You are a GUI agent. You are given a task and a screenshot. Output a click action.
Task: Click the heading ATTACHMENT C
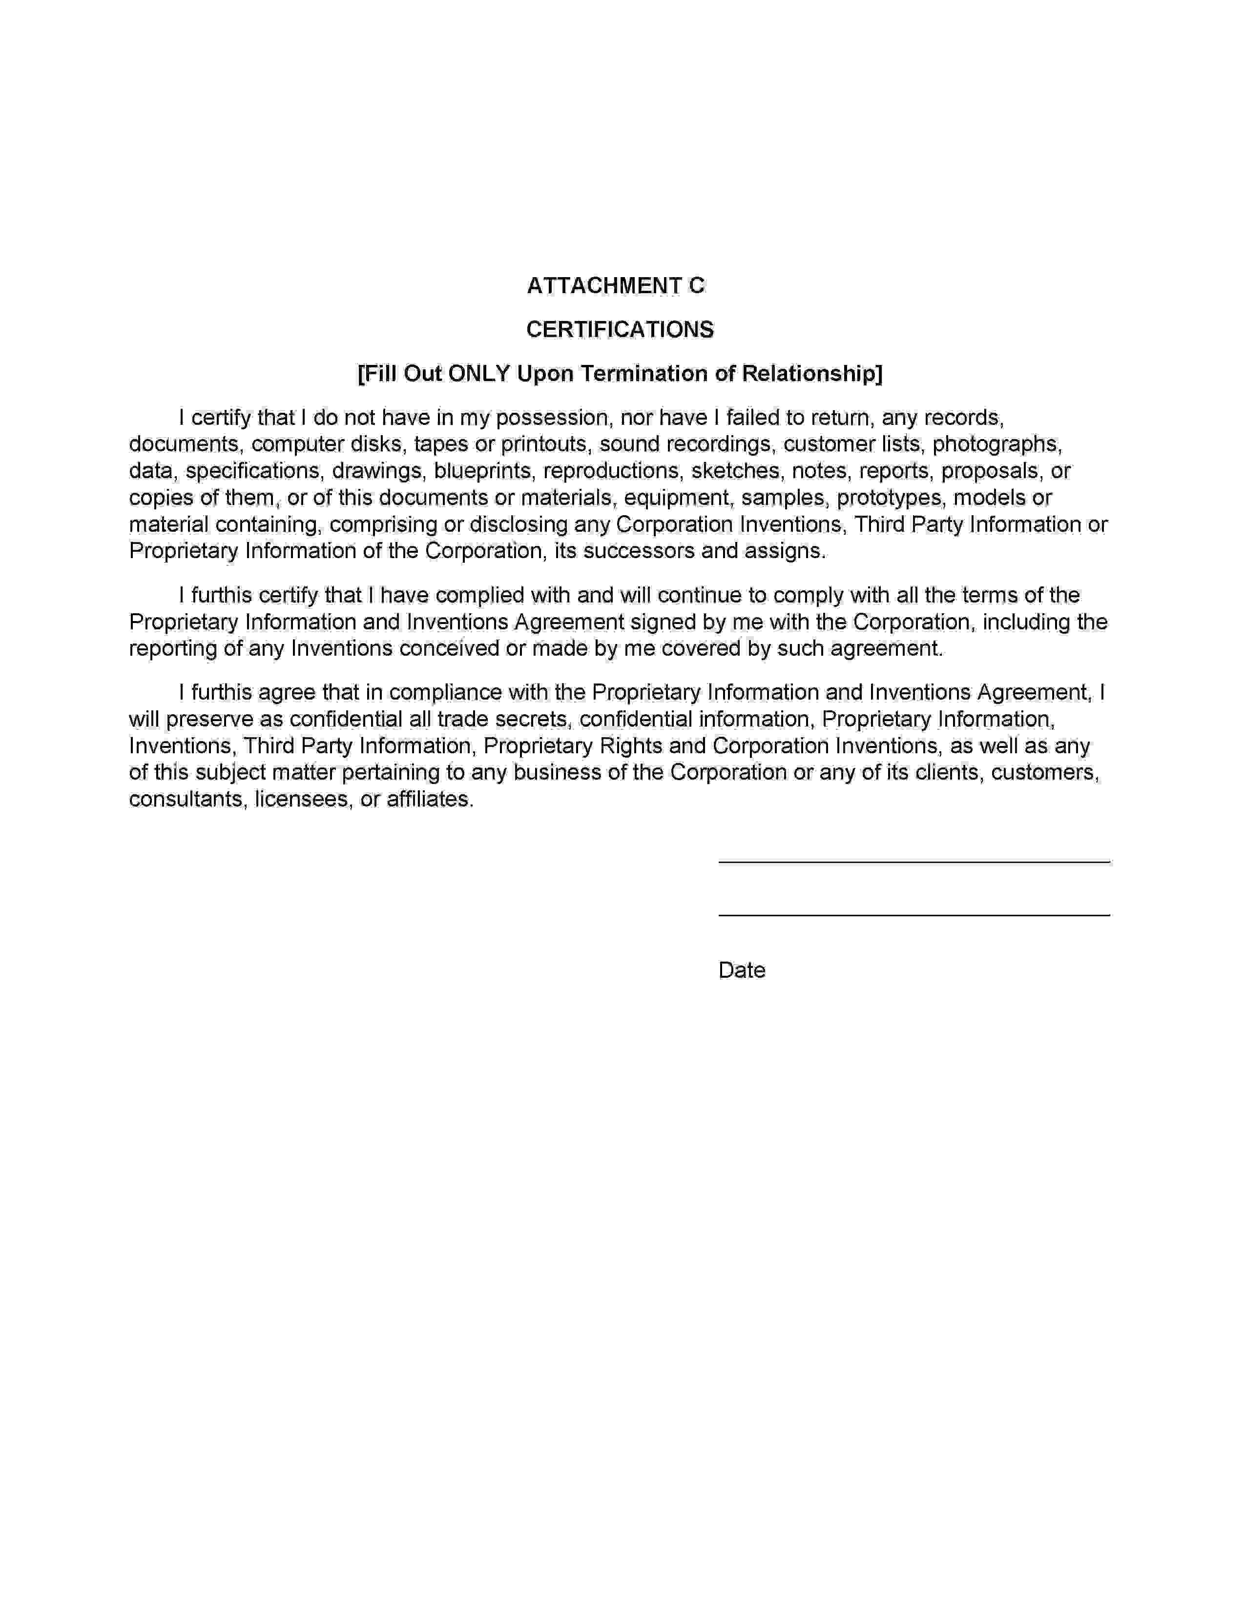tap(615, 285)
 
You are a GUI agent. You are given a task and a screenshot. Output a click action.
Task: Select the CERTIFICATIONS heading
tap(620, 329)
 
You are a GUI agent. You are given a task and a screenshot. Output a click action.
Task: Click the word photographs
tap(996, 444)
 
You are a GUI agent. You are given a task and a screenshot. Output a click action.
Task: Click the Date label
tap(741, 970)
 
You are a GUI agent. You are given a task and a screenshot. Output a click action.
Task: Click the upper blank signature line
tap(914, 861)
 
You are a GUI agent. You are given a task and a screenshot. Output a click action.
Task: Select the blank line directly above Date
tap(914, 915)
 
